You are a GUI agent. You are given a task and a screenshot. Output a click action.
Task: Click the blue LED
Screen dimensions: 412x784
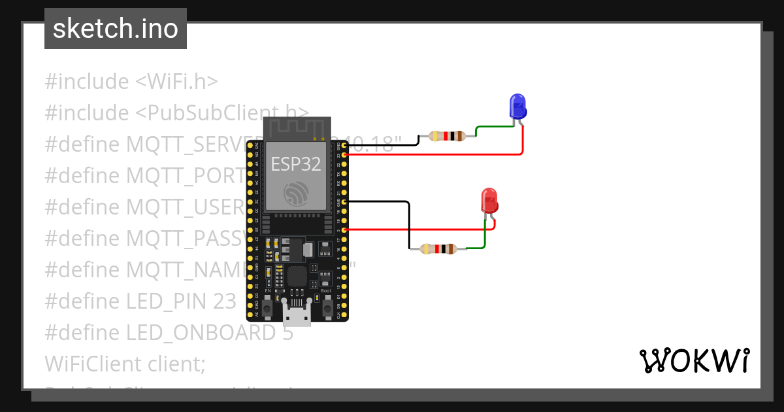pos(517,106)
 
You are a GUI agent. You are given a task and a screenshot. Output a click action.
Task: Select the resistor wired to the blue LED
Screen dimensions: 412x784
pos(447,136)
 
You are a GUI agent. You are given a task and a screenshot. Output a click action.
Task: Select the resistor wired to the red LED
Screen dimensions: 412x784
pos(438,249)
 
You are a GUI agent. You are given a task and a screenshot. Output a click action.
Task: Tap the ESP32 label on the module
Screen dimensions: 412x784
pos(297,164)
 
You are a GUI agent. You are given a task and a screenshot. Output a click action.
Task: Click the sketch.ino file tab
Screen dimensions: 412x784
pos(116,29)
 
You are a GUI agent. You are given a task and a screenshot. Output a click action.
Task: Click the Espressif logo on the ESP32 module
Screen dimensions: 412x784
pos(297,194)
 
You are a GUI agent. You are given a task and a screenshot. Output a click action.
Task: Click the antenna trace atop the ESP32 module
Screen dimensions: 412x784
pos(297,128)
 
